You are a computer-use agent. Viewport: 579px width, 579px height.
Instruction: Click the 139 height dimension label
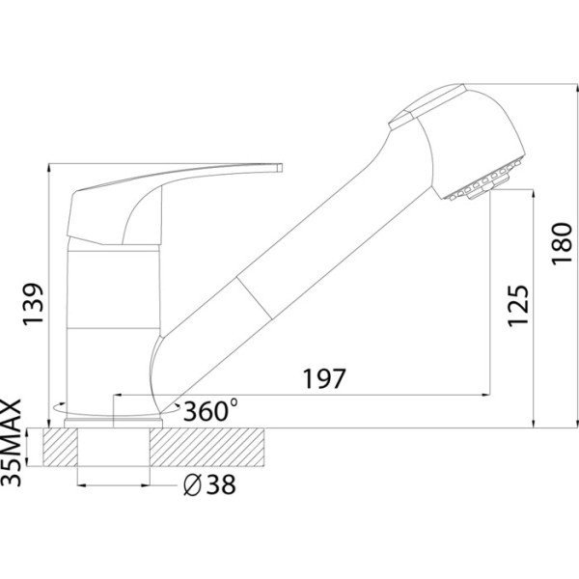click(x=33, y=305)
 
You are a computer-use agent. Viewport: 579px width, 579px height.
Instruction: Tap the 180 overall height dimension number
click(x=562, y=243)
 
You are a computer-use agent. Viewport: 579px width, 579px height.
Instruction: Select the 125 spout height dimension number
click(x=518, y=305)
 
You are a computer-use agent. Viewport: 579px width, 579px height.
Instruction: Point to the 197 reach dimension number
click(x=324, y=378)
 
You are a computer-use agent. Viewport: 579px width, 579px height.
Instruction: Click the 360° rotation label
click(x=210, y=410)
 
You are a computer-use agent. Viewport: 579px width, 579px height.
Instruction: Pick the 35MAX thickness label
click(x=12, y=442)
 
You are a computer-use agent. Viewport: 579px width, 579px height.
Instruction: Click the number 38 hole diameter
click(x=221, y=484)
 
